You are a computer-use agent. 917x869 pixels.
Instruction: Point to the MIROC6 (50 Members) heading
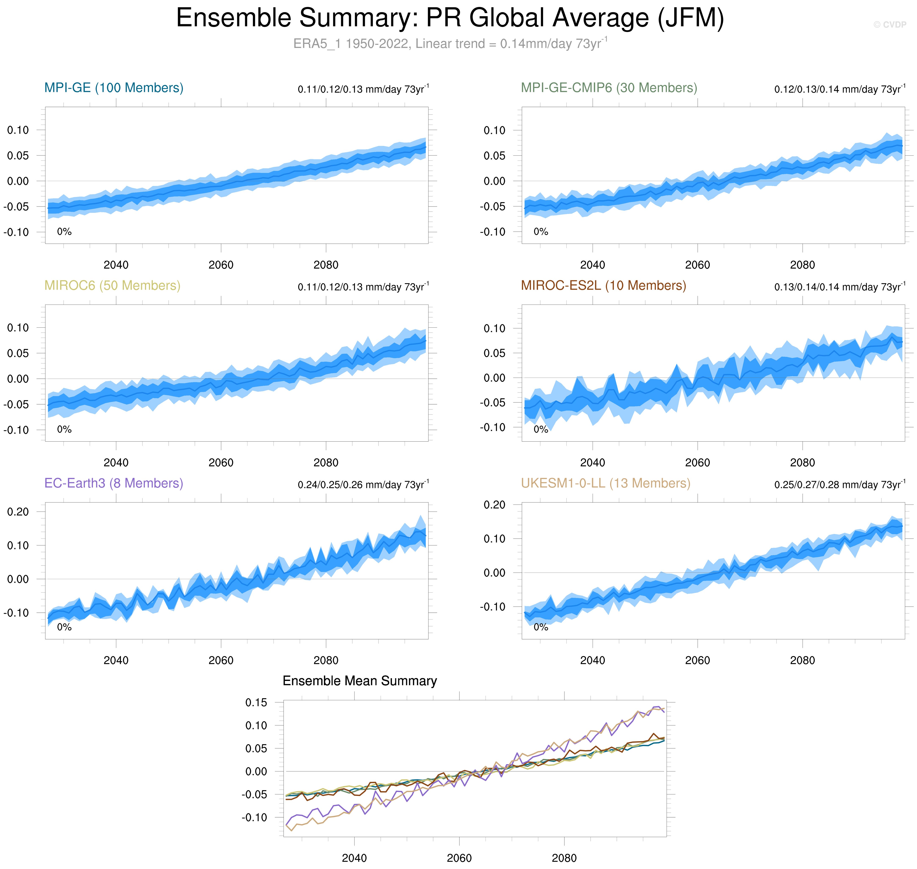tap(112, 285)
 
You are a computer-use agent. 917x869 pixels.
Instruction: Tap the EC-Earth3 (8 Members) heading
tap(114, 483)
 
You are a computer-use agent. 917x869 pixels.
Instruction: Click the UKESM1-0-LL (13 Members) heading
tap(605, 483)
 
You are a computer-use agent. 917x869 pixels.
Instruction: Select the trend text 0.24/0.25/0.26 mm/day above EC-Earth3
tap(363, 485)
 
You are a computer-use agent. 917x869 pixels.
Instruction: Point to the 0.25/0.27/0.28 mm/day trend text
tap(839, 485)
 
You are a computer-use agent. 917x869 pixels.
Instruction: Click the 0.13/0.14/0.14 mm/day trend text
tap(839, 287)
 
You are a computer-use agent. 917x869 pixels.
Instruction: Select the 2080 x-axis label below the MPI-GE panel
tap(326, 265)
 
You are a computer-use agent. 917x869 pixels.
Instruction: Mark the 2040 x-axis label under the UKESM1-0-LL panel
tap(592, 660)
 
